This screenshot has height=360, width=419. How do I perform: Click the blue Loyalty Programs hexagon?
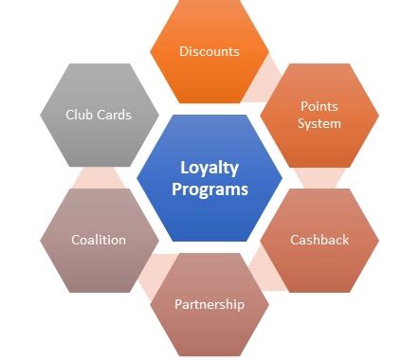(x=209, y=178)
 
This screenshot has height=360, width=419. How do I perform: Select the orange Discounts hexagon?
(x=209, y=52)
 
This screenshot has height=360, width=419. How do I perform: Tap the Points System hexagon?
(x=319, y=116)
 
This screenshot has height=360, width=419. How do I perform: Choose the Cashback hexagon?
(x=319, y=240)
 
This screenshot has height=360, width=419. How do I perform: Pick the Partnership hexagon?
(x=209, y=303)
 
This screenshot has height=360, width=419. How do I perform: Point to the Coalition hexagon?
(x=99, y=240)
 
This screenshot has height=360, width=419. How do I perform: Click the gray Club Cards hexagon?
(x=99, y=115)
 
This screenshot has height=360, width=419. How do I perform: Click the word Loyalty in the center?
(x=209, y=168)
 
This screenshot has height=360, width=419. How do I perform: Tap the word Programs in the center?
(x=209, y=189)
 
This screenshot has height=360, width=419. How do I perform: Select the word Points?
(x=319, y=107)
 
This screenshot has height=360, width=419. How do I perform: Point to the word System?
(x=319, y=124)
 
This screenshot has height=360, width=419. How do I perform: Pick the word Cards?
(x=114, y=115)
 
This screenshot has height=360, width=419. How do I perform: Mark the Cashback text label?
(x=319, y=240)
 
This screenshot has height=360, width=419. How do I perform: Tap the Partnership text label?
(x=209, y=304)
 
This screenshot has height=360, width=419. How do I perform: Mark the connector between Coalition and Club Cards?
(x=99, y=177)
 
